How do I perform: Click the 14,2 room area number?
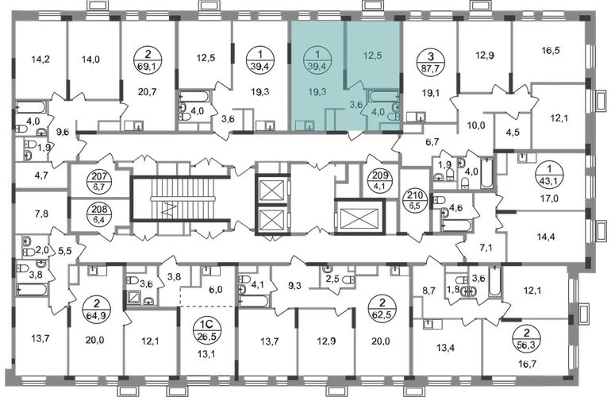[40, 60]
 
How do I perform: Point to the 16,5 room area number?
[551, 50]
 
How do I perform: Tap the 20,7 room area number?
[148, 92]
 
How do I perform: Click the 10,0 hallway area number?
[476, 125]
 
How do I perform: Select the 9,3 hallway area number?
[294, 286]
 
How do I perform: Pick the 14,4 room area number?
[546, 237]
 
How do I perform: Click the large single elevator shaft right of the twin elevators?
[359, 217]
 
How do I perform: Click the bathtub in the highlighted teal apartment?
[383, 96]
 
